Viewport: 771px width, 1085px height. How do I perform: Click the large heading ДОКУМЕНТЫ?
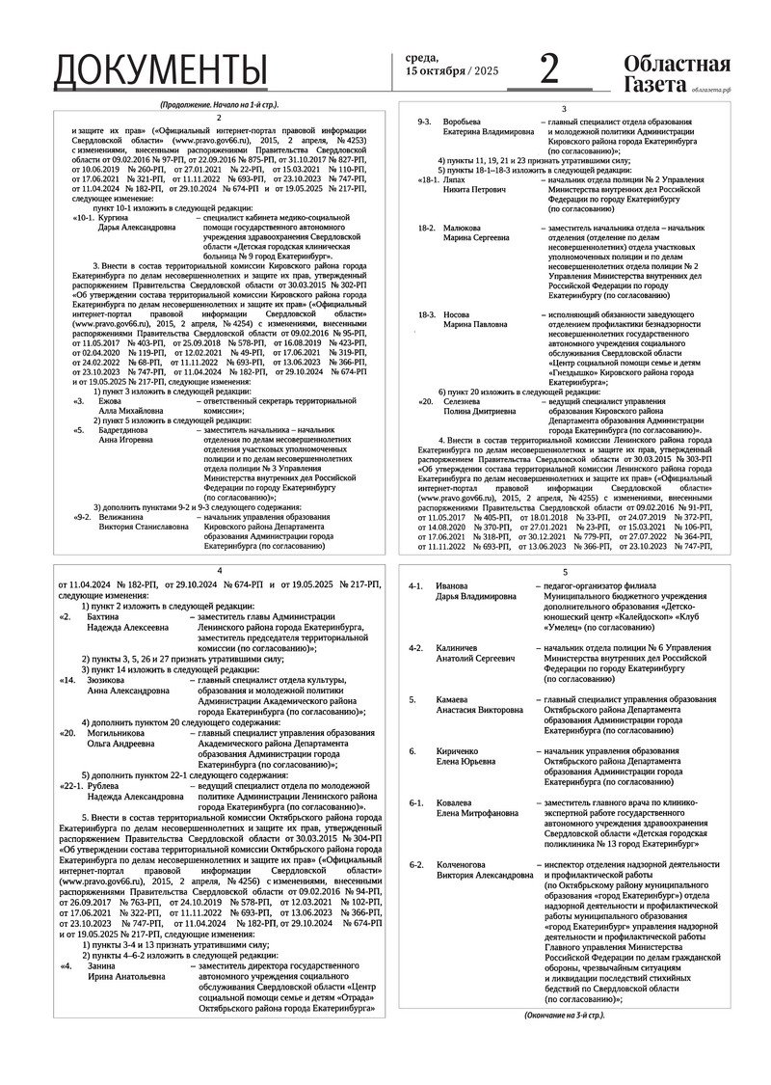coord(160,69)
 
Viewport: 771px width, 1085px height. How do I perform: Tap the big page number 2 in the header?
coord(548,69)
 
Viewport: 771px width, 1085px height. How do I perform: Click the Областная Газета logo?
coord(676,73)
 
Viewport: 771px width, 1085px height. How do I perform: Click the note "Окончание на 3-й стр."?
coord(565,1016)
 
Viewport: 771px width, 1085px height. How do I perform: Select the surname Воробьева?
coord(462,122)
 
